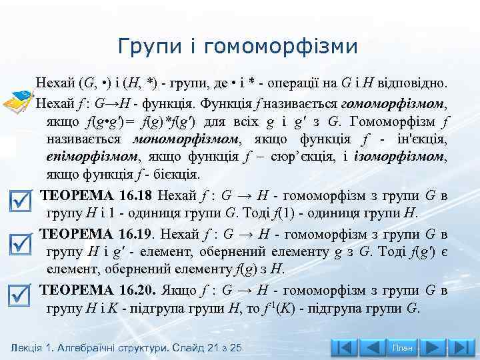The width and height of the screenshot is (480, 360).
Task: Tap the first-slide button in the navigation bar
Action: pos(345,347)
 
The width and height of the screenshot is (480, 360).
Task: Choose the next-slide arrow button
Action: pos(434,347)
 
